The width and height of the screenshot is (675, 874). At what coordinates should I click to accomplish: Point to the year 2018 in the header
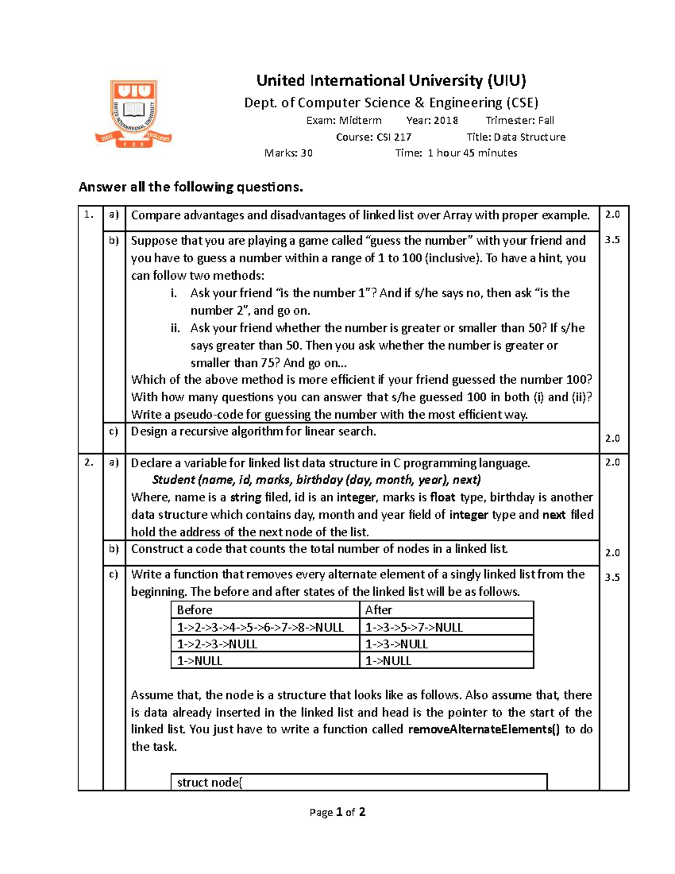tap(445, 120)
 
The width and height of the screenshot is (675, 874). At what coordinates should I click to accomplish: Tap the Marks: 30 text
tap(289, 153)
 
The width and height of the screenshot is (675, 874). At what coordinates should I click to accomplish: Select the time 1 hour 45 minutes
tap(472, 153)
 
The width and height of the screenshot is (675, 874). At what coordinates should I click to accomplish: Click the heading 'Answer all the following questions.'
tap(191, 187)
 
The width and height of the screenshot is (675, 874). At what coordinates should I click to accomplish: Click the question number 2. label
tap(89, 463)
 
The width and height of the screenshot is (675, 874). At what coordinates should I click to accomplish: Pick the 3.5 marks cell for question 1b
tap(612, 240)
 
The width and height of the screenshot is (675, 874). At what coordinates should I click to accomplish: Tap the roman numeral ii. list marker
tap(175, 328)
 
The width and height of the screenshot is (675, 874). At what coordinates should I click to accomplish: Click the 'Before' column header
tap(195, 610)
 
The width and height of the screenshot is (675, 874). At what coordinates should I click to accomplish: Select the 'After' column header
tap(379, 610)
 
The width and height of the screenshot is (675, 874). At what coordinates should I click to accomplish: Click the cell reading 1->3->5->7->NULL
tap(414, 628)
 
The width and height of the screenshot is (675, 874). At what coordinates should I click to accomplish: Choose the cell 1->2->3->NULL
tap(217, 644)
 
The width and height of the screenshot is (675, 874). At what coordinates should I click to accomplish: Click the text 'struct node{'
tap(209, 783)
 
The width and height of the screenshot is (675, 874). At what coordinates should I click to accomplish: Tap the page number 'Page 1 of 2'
tap(337, 812)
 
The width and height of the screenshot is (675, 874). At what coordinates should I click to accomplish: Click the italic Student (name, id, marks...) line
tap(316, 480)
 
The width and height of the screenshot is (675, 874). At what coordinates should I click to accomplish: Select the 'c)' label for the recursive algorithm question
tap(114, 432)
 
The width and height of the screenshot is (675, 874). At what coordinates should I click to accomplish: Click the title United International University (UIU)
tap(391, 81)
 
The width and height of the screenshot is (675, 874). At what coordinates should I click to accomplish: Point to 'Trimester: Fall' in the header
tap(520, 120)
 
